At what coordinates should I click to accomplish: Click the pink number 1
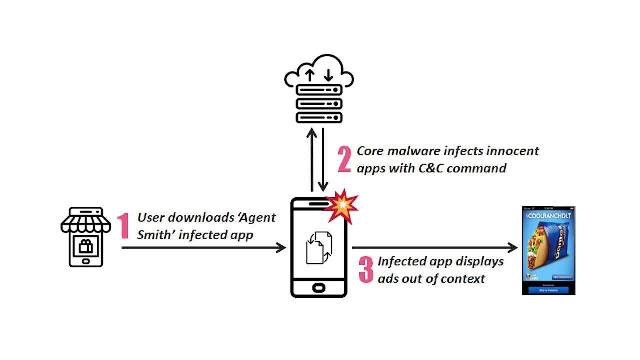click(x=123, y=226)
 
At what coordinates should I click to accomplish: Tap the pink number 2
click(x=344, y=159)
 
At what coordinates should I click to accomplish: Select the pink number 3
click(x=366, y=270)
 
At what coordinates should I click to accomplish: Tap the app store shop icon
click(x=85, y=237)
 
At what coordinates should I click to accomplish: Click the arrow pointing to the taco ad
click(x=435, y=247)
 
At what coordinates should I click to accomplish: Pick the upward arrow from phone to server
click(x=312, y=160)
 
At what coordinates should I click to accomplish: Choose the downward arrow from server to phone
click(x=324, y=160)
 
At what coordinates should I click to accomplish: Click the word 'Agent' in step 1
click(x=257, y=218)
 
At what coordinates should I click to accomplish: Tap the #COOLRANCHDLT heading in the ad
click(x=548, y=215)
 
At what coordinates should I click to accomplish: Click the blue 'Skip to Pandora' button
click(x=548, y=290)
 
